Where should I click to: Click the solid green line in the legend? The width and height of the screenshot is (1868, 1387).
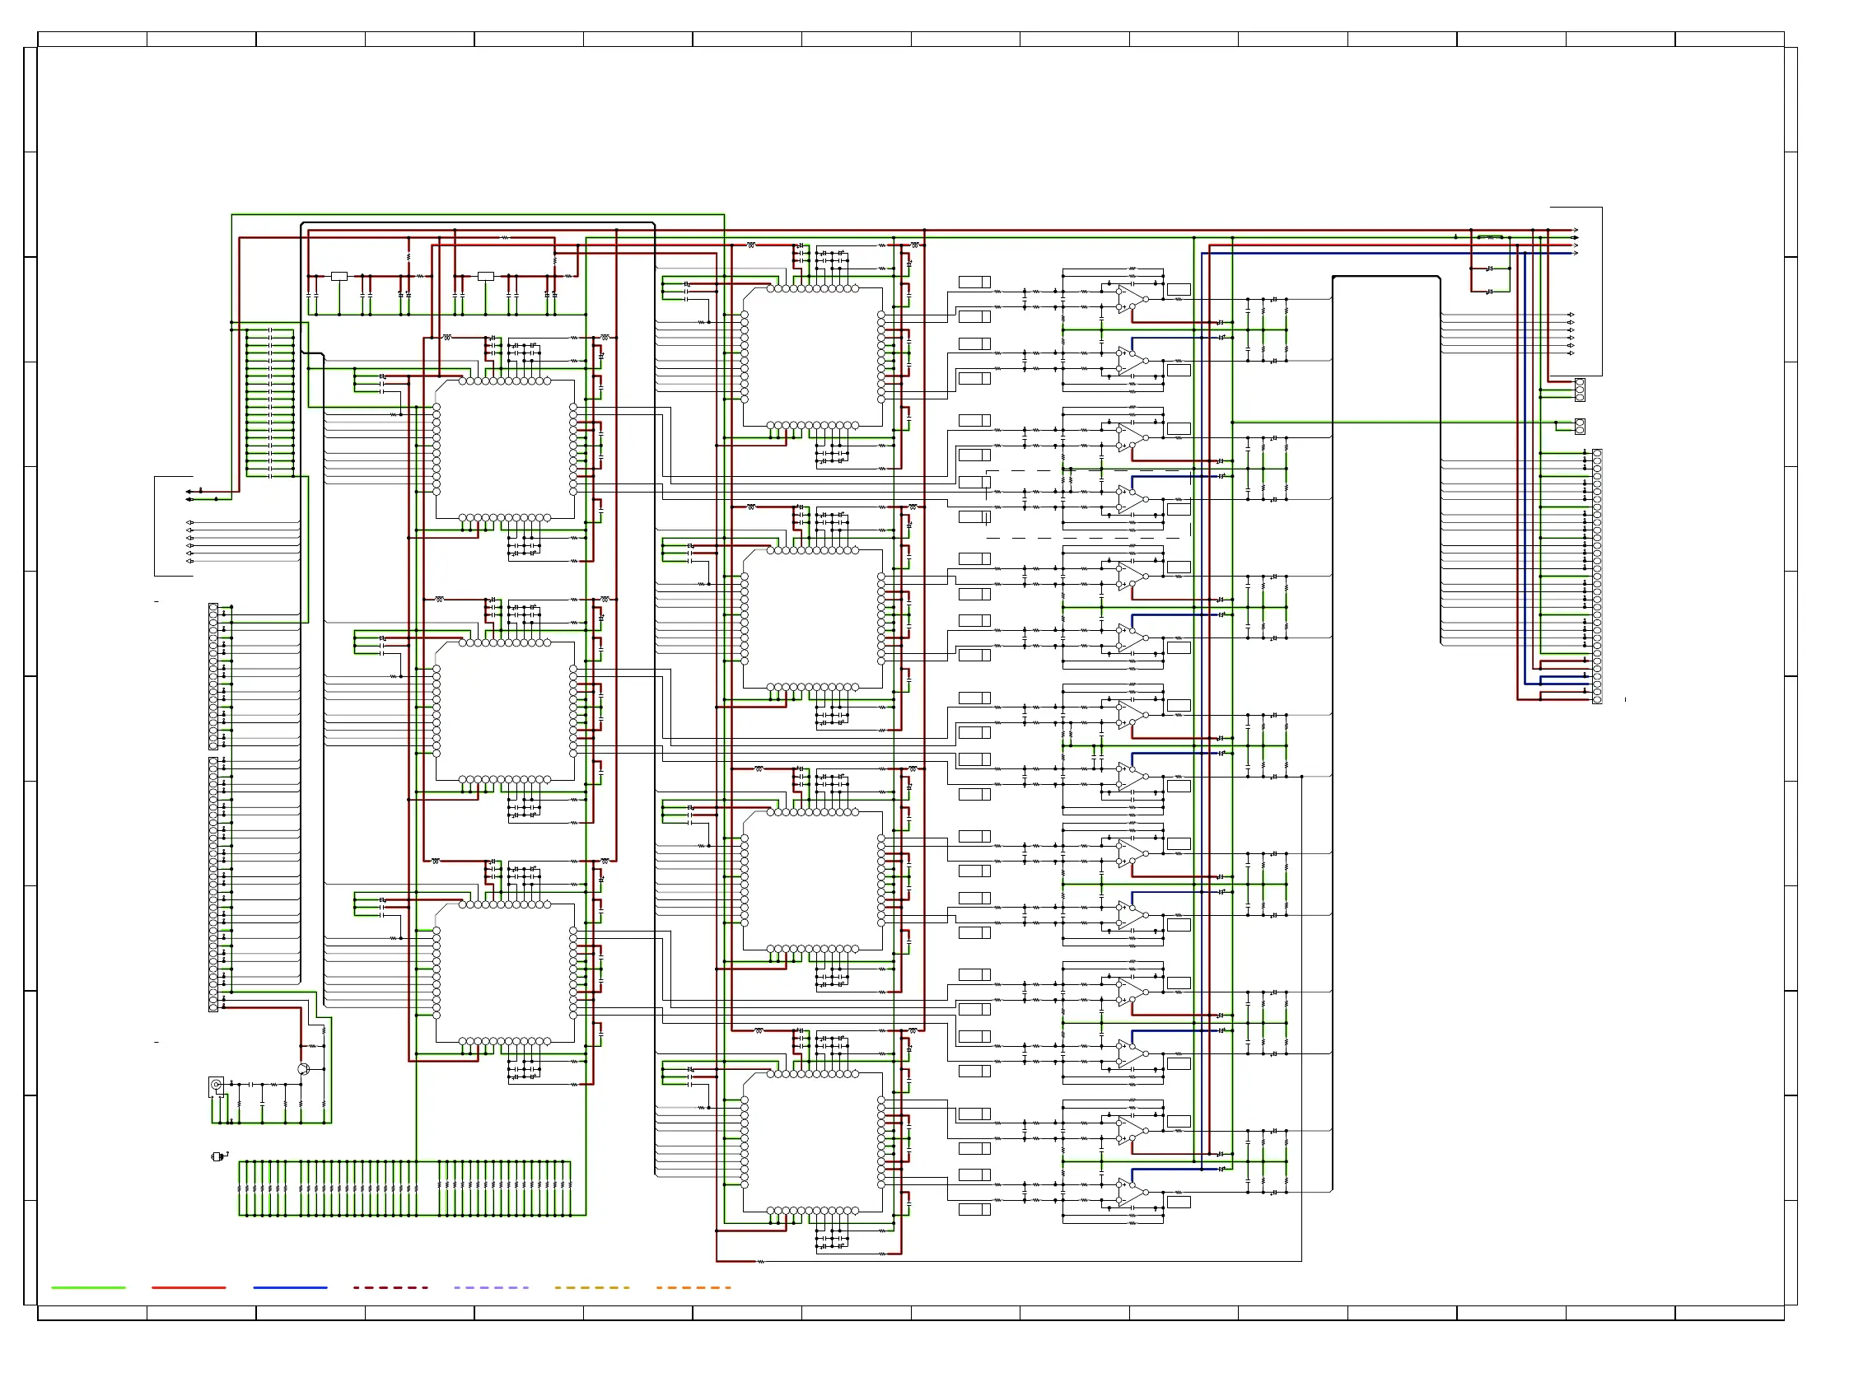pos(88,1287)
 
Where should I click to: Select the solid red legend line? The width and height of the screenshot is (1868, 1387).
pos(189,1287)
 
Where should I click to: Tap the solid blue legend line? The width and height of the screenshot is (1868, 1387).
pos(290,1287)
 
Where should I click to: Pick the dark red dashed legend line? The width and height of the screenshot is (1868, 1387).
pos(390,1287)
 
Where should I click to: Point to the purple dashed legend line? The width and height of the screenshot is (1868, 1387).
pos(491,1287)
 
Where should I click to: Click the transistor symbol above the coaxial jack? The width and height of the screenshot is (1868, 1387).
pos(303,1069)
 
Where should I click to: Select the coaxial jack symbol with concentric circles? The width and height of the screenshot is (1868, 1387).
pos(216,1085)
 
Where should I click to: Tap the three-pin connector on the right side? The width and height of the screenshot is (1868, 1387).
pos(1579,390)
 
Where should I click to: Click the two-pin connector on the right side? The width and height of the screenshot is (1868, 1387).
pos(1579,427)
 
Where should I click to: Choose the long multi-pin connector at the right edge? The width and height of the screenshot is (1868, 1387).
pos(1597,576)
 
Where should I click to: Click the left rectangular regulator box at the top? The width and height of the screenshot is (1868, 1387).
pos(339,276)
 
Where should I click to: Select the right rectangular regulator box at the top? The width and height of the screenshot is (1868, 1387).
pos(485,276)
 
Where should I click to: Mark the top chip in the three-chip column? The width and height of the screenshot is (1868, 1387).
pos(505,449)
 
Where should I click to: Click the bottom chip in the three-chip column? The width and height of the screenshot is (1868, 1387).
pos(505,972)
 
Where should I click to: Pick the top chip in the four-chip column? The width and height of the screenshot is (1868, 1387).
pos(813,357)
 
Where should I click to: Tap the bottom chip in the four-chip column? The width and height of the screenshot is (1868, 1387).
pos(813,1142)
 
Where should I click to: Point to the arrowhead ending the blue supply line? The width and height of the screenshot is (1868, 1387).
pos(1575,253)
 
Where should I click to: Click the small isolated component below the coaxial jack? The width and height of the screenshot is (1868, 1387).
pos(217,1157)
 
